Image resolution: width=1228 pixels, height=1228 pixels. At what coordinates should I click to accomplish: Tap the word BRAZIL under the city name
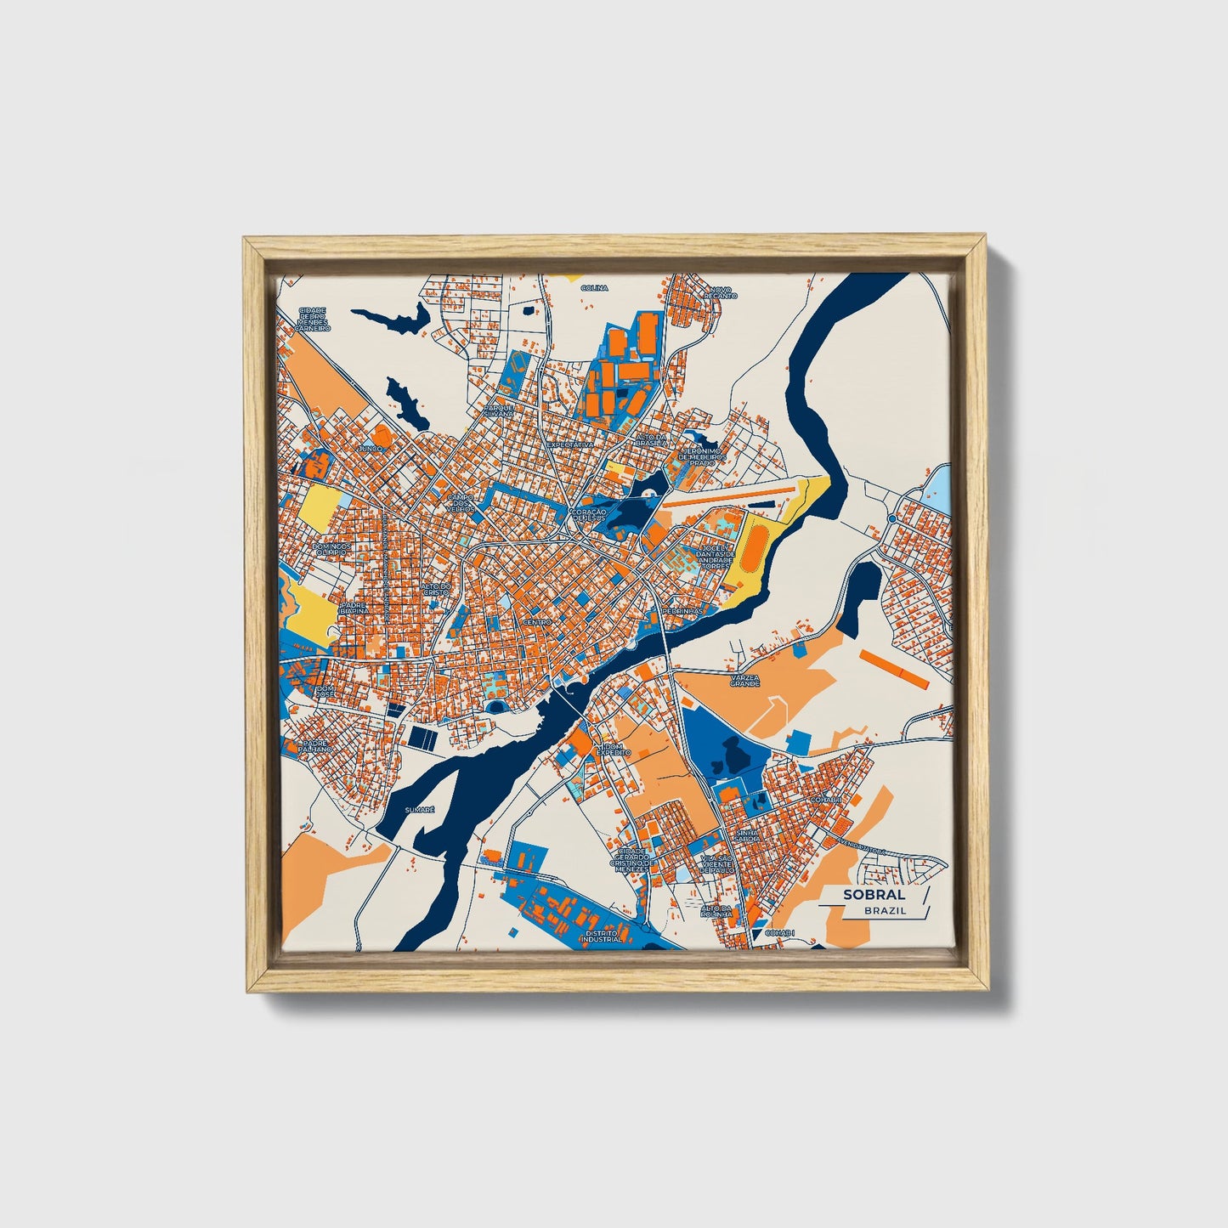click(x=885, y=909)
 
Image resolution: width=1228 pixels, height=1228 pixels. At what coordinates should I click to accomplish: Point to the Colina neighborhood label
click(x=595, y=288)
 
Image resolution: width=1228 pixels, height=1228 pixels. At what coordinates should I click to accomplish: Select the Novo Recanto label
click(x=721, y=292)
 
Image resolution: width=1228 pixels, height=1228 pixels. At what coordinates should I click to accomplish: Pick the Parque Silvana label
click(x=499, y=410)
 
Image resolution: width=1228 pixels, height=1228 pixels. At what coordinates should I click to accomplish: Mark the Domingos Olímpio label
click(x=331, y=549)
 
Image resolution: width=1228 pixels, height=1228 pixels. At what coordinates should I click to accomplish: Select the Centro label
click(x=537, y=622)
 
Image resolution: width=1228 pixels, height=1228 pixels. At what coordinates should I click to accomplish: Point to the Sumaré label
click(x=420, y=810)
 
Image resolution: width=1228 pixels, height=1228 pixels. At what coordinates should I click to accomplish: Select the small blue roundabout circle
click(x=892, y=518)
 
